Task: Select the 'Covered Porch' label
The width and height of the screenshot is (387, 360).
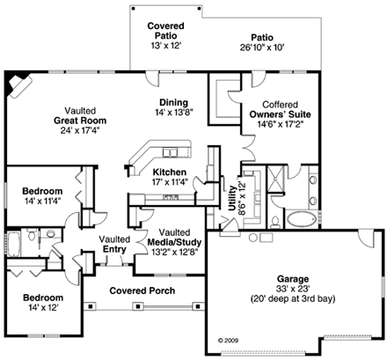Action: tap(141, 290)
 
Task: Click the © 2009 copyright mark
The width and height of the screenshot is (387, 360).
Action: tap(227, 337)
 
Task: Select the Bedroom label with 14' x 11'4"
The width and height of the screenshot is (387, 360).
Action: tap(42, 191)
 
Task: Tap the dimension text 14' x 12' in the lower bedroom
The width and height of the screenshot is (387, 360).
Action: tap(42, 309)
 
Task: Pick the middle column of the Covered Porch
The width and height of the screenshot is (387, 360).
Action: tap(144, 305)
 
